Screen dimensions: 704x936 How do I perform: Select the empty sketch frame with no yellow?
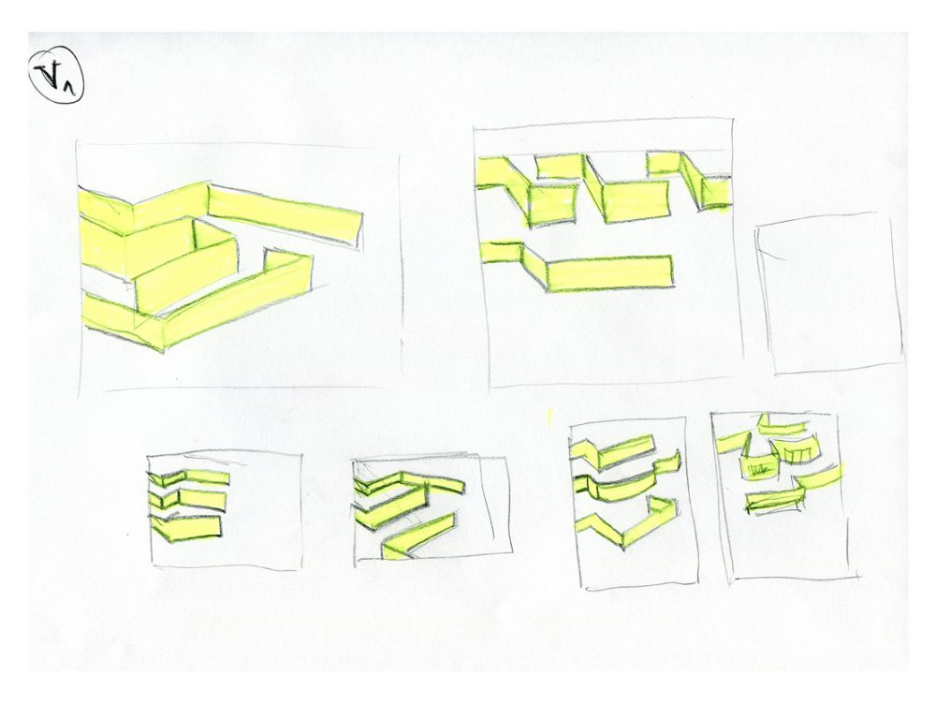[x=831, y=294]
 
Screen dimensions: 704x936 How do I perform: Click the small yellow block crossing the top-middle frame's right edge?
[x=717, y=192]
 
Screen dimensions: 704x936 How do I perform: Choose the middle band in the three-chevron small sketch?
[x=192, y=499]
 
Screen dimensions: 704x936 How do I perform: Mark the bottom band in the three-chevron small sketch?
[x=190, y=528]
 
